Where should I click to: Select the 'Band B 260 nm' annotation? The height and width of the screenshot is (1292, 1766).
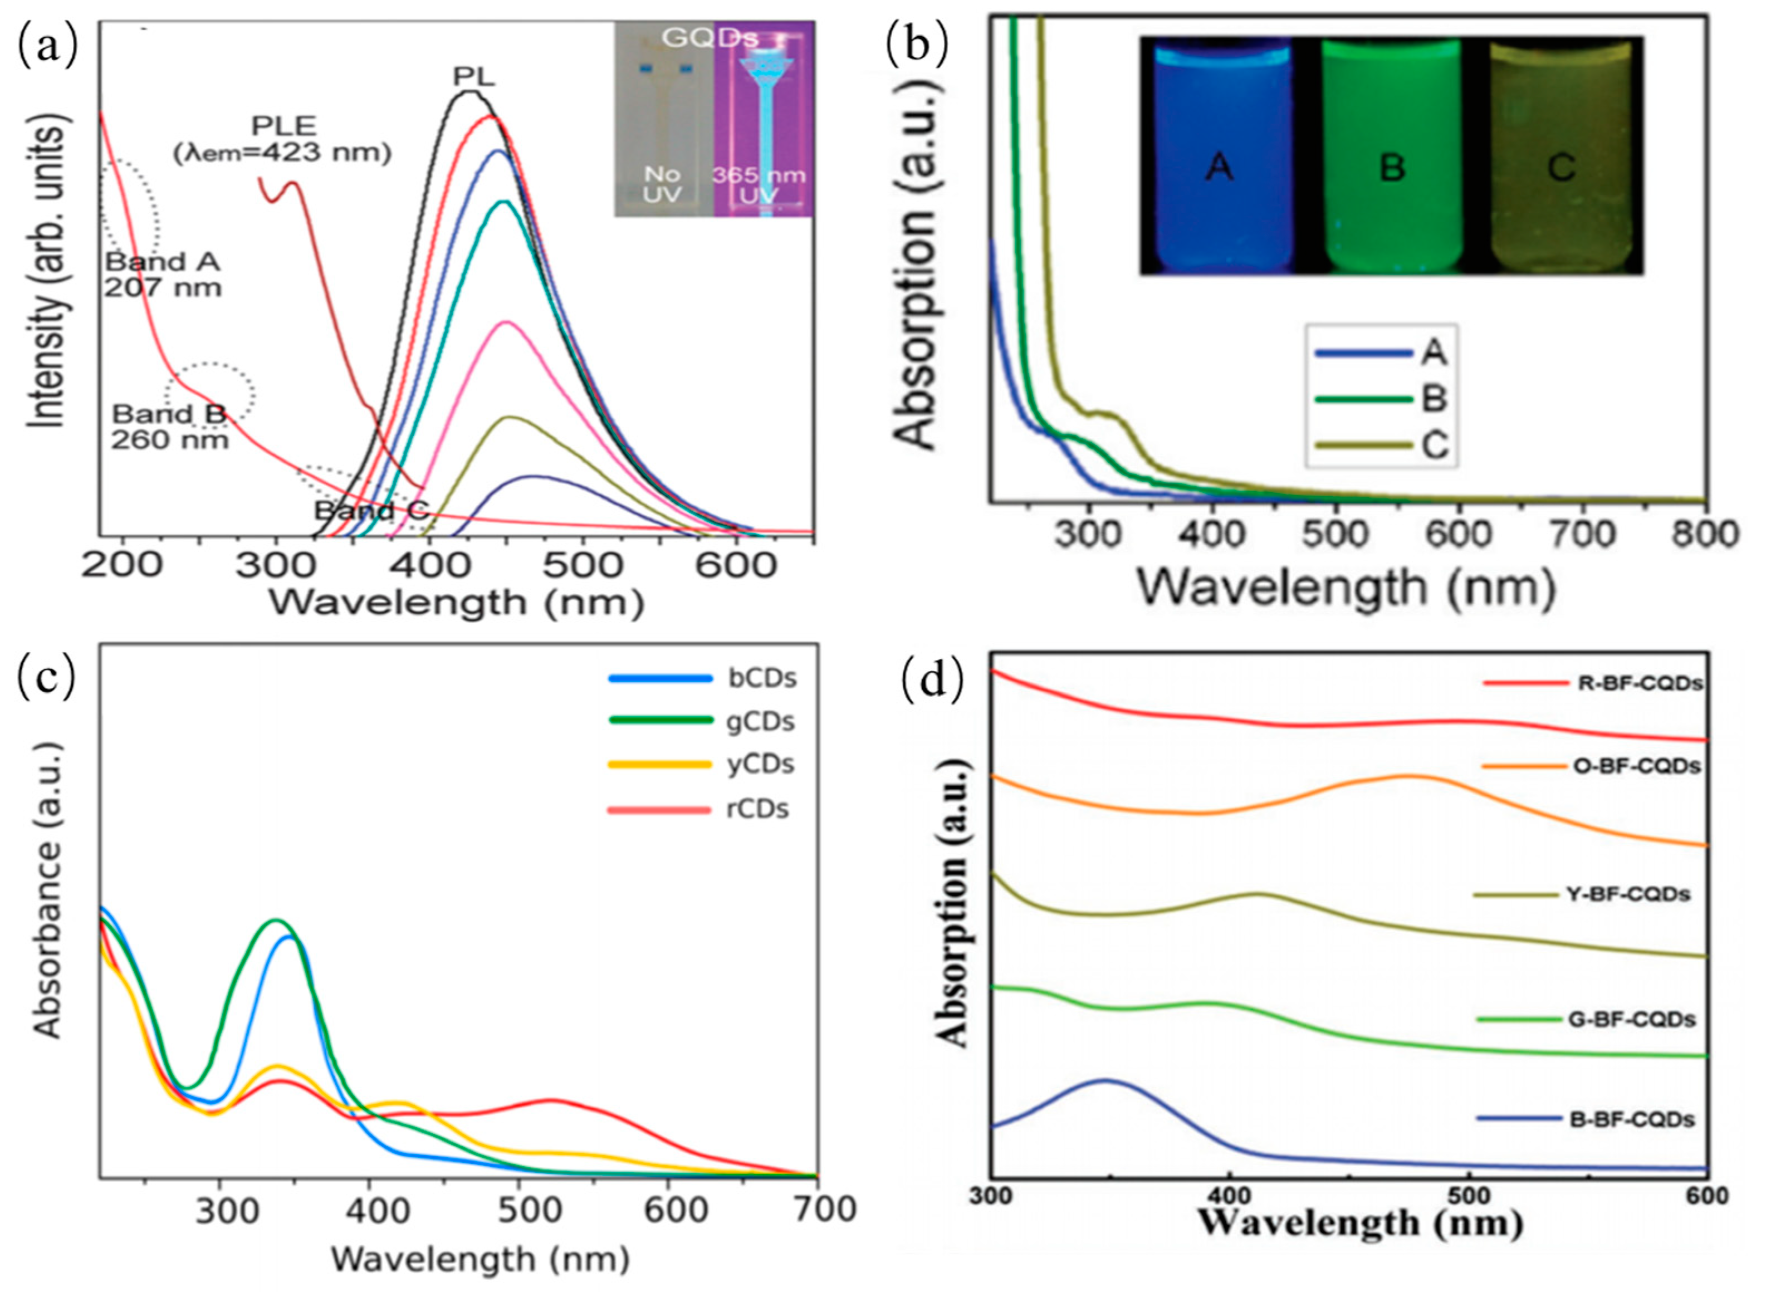[170, 427]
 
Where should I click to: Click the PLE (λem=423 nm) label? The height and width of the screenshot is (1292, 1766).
[282, 139]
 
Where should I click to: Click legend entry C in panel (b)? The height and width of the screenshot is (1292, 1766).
[1434, 446]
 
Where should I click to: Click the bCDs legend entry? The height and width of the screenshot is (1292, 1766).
[761, 678]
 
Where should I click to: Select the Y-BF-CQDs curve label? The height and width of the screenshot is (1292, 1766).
[1628, 894]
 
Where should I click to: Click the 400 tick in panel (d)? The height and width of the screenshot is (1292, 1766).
[1230, 1197]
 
